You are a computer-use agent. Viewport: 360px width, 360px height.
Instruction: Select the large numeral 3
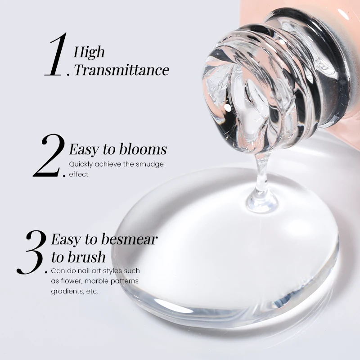pyautogui.click(x=31, y=252)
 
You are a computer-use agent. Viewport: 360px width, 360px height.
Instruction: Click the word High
pyautogui.click(x=89, y=52)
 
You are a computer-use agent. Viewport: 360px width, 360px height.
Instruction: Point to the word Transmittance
pyautogui.click(x=121, y=70)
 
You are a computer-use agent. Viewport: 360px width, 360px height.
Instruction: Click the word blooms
pyautogui.click(x=143, y=149)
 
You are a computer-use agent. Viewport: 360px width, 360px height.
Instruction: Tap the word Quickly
pyautogui.click(x=81, y=165)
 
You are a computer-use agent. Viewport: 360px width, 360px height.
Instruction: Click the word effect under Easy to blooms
pyautogui.click(x=78, y=175)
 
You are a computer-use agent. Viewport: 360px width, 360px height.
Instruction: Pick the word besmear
pyautogui.click(x=129, y=239)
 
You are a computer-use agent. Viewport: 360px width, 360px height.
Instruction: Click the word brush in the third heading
pyautogui.click(x=87, y=256)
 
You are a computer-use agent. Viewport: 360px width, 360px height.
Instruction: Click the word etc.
pyautogui.click(x=93, y=292)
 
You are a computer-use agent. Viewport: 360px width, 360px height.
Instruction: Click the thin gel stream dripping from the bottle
pyautogui.click(x=262, y=175)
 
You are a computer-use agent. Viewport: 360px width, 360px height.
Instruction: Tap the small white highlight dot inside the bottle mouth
pyautogui.click(x=228, y=108)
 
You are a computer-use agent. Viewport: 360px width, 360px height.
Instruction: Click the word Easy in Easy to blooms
pyautogui.click(x=84, y=150)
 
